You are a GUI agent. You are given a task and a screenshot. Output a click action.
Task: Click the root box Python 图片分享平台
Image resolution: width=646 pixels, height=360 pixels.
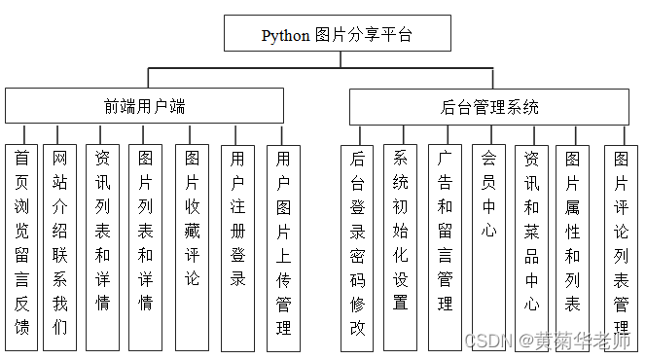click(x=338, y=34)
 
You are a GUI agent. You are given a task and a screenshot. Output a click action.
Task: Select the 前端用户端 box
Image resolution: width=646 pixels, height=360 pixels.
click(x=145, y=106)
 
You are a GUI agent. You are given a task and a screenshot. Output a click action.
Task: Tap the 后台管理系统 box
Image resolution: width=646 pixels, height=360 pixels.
click(x=488, y=107)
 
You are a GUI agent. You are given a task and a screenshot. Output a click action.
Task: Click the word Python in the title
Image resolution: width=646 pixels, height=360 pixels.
click(x=285, y=35)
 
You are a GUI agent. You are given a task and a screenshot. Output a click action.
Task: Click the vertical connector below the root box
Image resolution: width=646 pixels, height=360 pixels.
click(x=338, y=59)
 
